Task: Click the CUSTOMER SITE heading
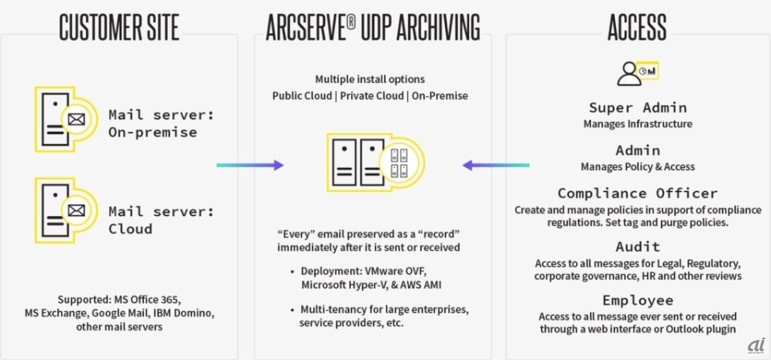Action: point(119,26)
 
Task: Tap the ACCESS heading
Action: point(637,26)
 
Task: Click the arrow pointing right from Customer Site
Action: point(250,165)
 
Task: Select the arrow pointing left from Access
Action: point(496,165)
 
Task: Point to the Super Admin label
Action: point(638,108)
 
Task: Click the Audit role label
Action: point(638,247)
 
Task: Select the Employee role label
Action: point(638,300)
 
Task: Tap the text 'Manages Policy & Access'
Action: point(638,166)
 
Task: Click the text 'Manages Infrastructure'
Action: point(638,124)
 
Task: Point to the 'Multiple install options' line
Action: point(369,80)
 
